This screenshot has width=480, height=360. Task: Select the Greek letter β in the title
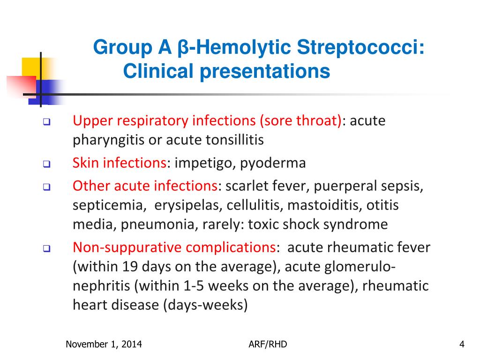tap(182, 48)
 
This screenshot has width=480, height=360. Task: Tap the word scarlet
tap(246, 186)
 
